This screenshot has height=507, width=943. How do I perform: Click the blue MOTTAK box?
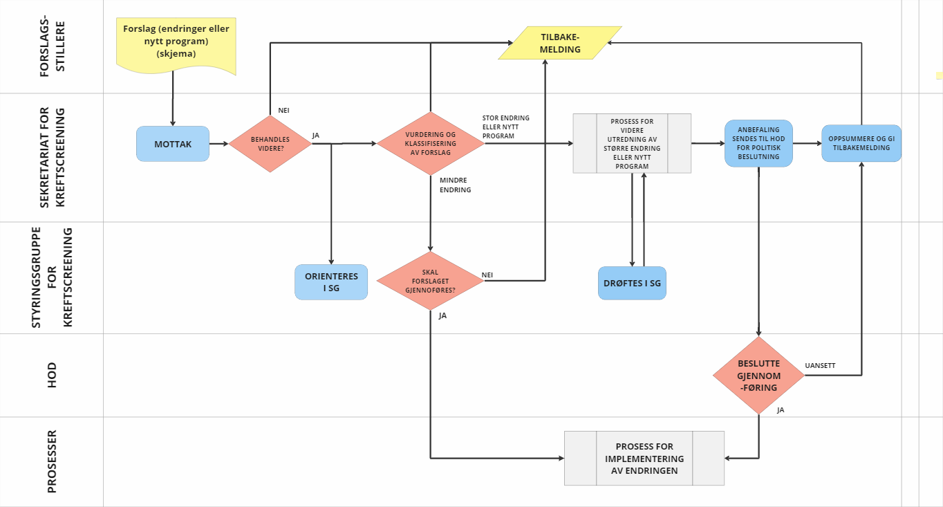click(173, 144)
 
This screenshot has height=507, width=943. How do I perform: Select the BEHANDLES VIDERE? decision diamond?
click(270, 144)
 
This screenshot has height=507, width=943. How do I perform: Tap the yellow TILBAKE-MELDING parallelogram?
click(560, 43)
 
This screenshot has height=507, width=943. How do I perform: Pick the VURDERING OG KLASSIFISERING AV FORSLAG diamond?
click(430, 144)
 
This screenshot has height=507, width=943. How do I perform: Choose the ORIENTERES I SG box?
click(331, 282)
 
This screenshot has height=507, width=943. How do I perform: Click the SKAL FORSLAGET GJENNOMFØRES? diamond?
click(430, 282)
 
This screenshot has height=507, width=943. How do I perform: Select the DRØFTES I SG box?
click(632, 283)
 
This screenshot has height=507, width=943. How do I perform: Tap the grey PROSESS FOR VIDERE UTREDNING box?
click(632, 143)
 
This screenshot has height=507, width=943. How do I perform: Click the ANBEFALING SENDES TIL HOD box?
click(758, 143)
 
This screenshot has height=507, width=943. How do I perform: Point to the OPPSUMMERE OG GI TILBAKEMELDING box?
click(861, 143)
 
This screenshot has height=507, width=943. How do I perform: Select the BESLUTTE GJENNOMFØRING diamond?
click(758, 376)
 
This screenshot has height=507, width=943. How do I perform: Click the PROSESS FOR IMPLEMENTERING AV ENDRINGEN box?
click(644, 458)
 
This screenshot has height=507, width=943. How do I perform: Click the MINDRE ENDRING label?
click(455, 185)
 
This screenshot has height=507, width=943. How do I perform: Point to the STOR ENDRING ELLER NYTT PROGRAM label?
click(505, 127)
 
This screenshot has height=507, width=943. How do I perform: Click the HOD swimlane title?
click(51, 375)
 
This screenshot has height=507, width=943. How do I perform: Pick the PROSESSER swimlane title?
click(51, 461)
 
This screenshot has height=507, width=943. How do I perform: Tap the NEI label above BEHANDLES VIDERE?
click(283, 110)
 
